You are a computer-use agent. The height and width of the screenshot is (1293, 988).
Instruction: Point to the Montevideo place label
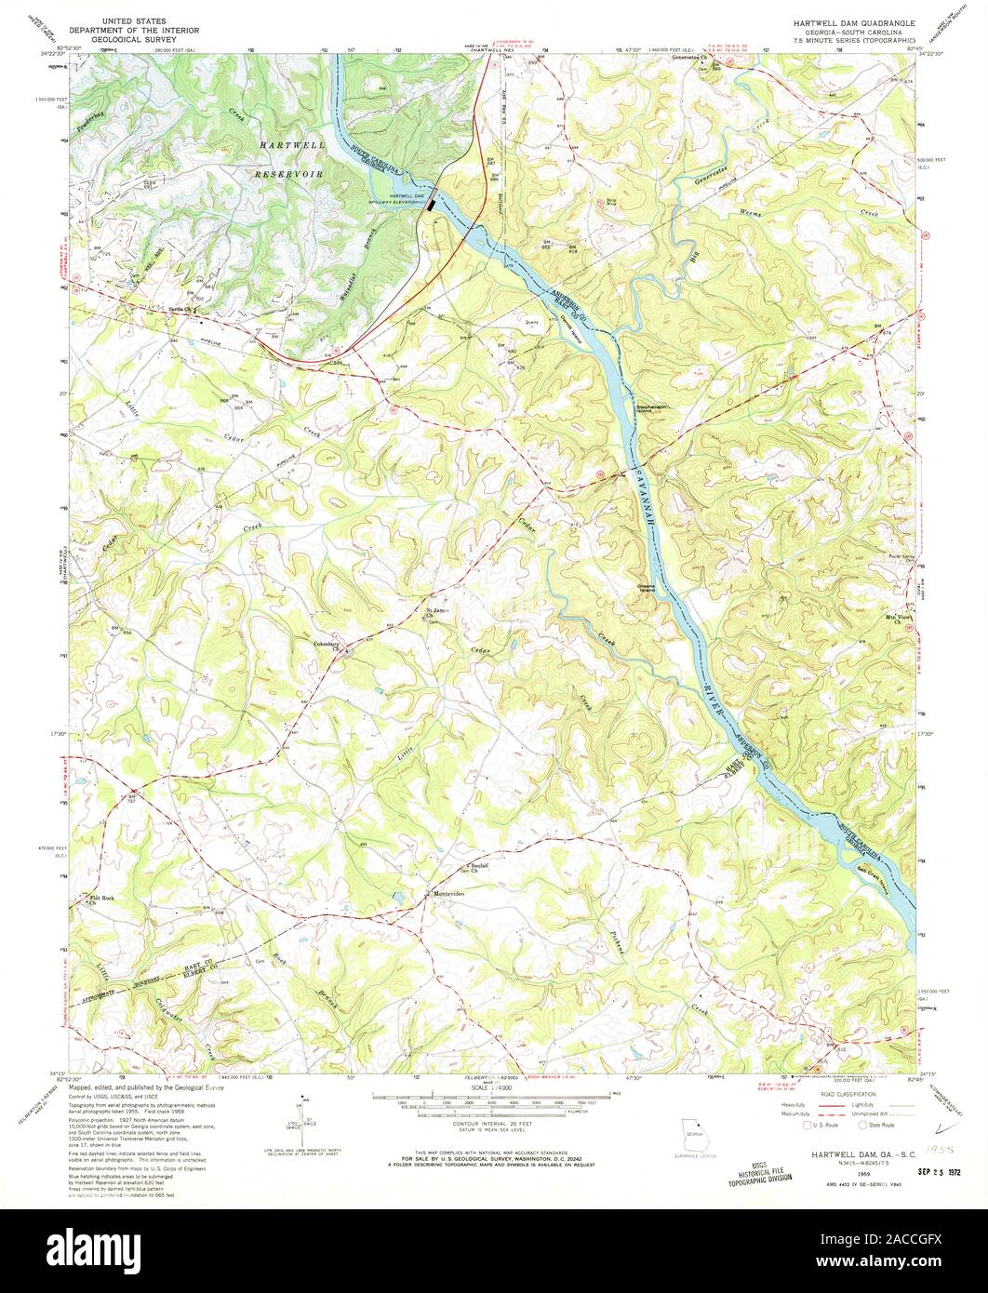coord(448,894)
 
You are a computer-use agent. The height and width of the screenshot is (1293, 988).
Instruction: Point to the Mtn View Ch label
coord(894,619)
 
